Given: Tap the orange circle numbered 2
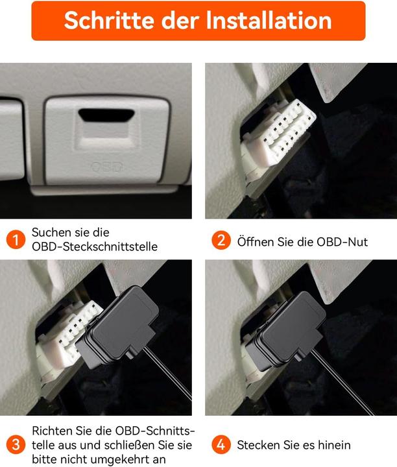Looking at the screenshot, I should [x=221, y=241].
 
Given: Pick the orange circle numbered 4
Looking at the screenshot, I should [x=221, y=445].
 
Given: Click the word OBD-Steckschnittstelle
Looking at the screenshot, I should [x=94, y=246].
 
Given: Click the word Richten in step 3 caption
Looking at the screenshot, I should [x=53, y=431].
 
